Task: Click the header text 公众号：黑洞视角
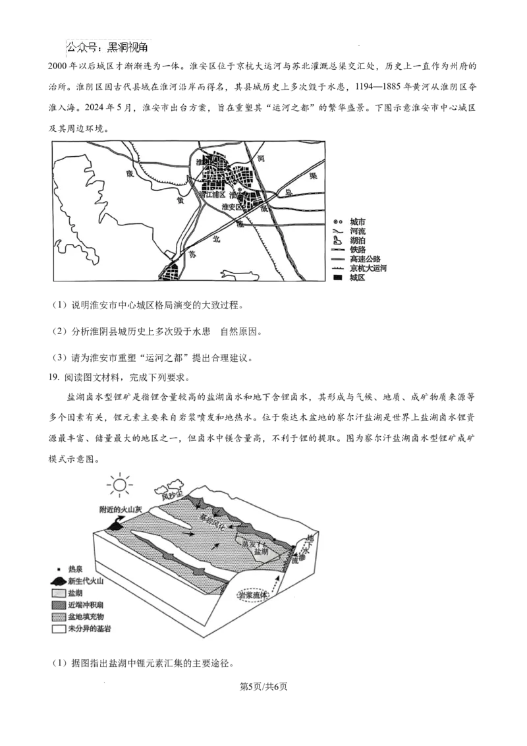(x=108, y=47)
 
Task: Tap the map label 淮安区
(x=233, y=206)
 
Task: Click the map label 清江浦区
(x=211, y=195)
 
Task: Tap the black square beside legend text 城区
(x=337, y=278)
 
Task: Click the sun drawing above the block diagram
(x=119, y=486)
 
